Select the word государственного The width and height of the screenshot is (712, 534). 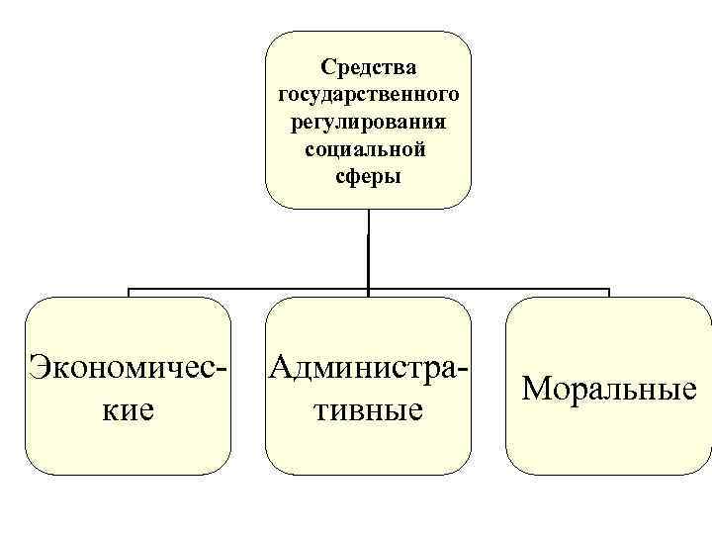[x=368, y=95]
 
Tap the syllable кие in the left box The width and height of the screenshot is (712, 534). [x=129, y=408]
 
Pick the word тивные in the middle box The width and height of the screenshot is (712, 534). [x=368, y=408]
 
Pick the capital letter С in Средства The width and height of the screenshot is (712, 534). [x=328, y=67]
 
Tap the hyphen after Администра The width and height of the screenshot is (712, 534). [x=462, y=370]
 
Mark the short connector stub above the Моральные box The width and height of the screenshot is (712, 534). [x=608, y=294]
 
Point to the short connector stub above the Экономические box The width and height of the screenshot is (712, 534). [x=129, y=294]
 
